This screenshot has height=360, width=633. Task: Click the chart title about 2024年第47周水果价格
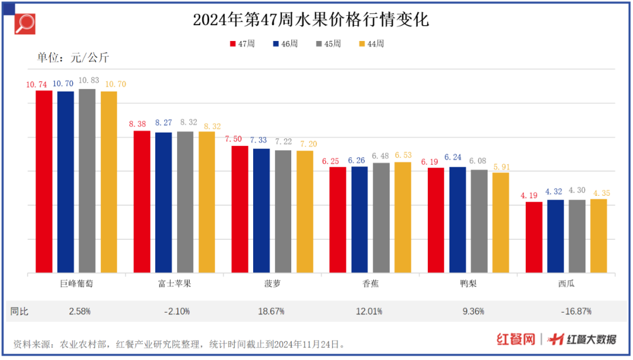(x=311, y=21)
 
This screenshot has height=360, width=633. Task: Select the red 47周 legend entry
(x=242, y=44)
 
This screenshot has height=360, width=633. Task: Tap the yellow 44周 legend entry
(x=372, y=44)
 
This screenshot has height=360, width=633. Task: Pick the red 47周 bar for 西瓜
(x=534, y=237)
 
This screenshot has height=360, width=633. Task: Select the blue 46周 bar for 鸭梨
(x=458, y=220)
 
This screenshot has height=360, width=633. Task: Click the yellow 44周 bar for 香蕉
(x=403, y=218)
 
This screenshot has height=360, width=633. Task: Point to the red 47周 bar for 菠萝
(x=240, y=209)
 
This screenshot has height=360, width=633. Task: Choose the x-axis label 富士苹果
(x=174, y=284)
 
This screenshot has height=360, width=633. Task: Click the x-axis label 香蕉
(x=370, y=284)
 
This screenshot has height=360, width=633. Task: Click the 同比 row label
(x=19, y=311)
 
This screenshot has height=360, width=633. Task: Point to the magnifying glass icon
(x=25, y=24)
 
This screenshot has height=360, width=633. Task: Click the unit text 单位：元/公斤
(x=73, y=57)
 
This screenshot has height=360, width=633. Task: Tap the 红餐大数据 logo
(x=583, y=339)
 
